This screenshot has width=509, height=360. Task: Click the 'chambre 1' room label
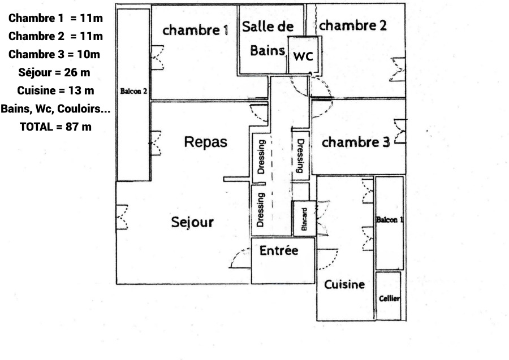[195, 31]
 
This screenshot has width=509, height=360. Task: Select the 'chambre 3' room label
[356, 142]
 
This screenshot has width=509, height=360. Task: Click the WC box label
[303, 56]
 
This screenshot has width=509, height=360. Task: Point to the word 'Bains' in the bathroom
[267, 50]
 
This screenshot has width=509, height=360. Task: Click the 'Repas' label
[206, 142]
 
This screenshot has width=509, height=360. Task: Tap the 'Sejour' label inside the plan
[192, 222]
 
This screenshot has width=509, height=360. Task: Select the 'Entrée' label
[278, 250]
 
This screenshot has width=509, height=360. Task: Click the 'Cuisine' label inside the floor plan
[344, 284]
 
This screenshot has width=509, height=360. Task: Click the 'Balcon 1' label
[389, 220]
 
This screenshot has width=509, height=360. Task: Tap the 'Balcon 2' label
[133, 91]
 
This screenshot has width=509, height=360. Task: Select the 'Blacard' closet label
[304, 219]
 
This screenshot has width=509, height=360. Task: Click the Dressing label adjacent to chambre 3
[300, 155]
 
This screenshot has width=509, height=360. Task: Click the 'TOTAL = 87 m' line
[55, 127]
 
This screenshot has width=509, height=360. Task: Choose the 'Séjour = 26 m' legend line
[55, 72]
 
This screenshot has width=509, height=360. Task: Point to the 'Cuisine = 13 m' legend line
[55, 90]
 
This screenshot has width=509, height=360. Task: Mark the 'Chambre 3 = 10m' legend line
[55, 54]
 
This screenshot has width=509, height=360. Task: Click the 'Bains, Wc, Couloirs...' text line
[55, 109]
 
